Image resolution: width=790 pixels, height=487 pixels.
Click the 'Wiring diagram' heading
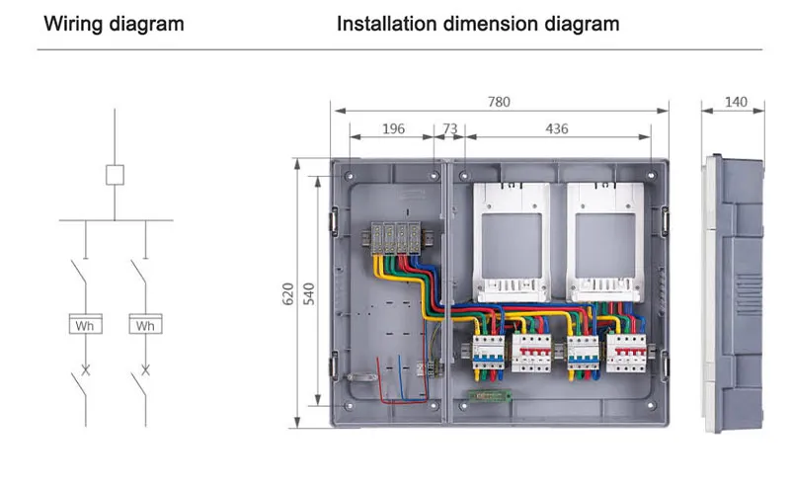114,23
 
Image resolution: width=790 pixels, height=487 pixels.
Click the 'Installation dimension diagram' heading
478,23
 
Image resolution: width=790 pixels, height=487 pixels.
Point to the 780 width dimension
501,100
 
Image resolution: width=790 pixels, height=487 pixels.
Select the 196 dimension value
392,128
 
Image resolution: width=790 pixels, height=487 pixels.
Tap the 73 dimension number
449,128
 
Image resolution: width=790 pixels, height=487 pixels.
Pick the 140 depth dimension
736,100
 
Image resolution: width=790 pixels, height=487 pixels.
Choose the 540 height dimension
308,292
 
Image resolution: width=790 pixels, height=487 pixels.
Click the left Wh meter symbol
84,324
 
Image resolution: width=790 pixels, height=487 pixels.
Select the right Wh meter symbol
145,324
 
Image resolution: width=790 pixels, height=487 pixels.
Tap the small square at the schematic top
116,175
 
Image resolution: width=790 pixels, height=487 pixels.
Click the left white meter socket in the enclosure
510,241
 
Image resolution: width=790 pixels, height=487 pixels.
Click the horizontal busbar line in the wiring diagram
116,219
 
